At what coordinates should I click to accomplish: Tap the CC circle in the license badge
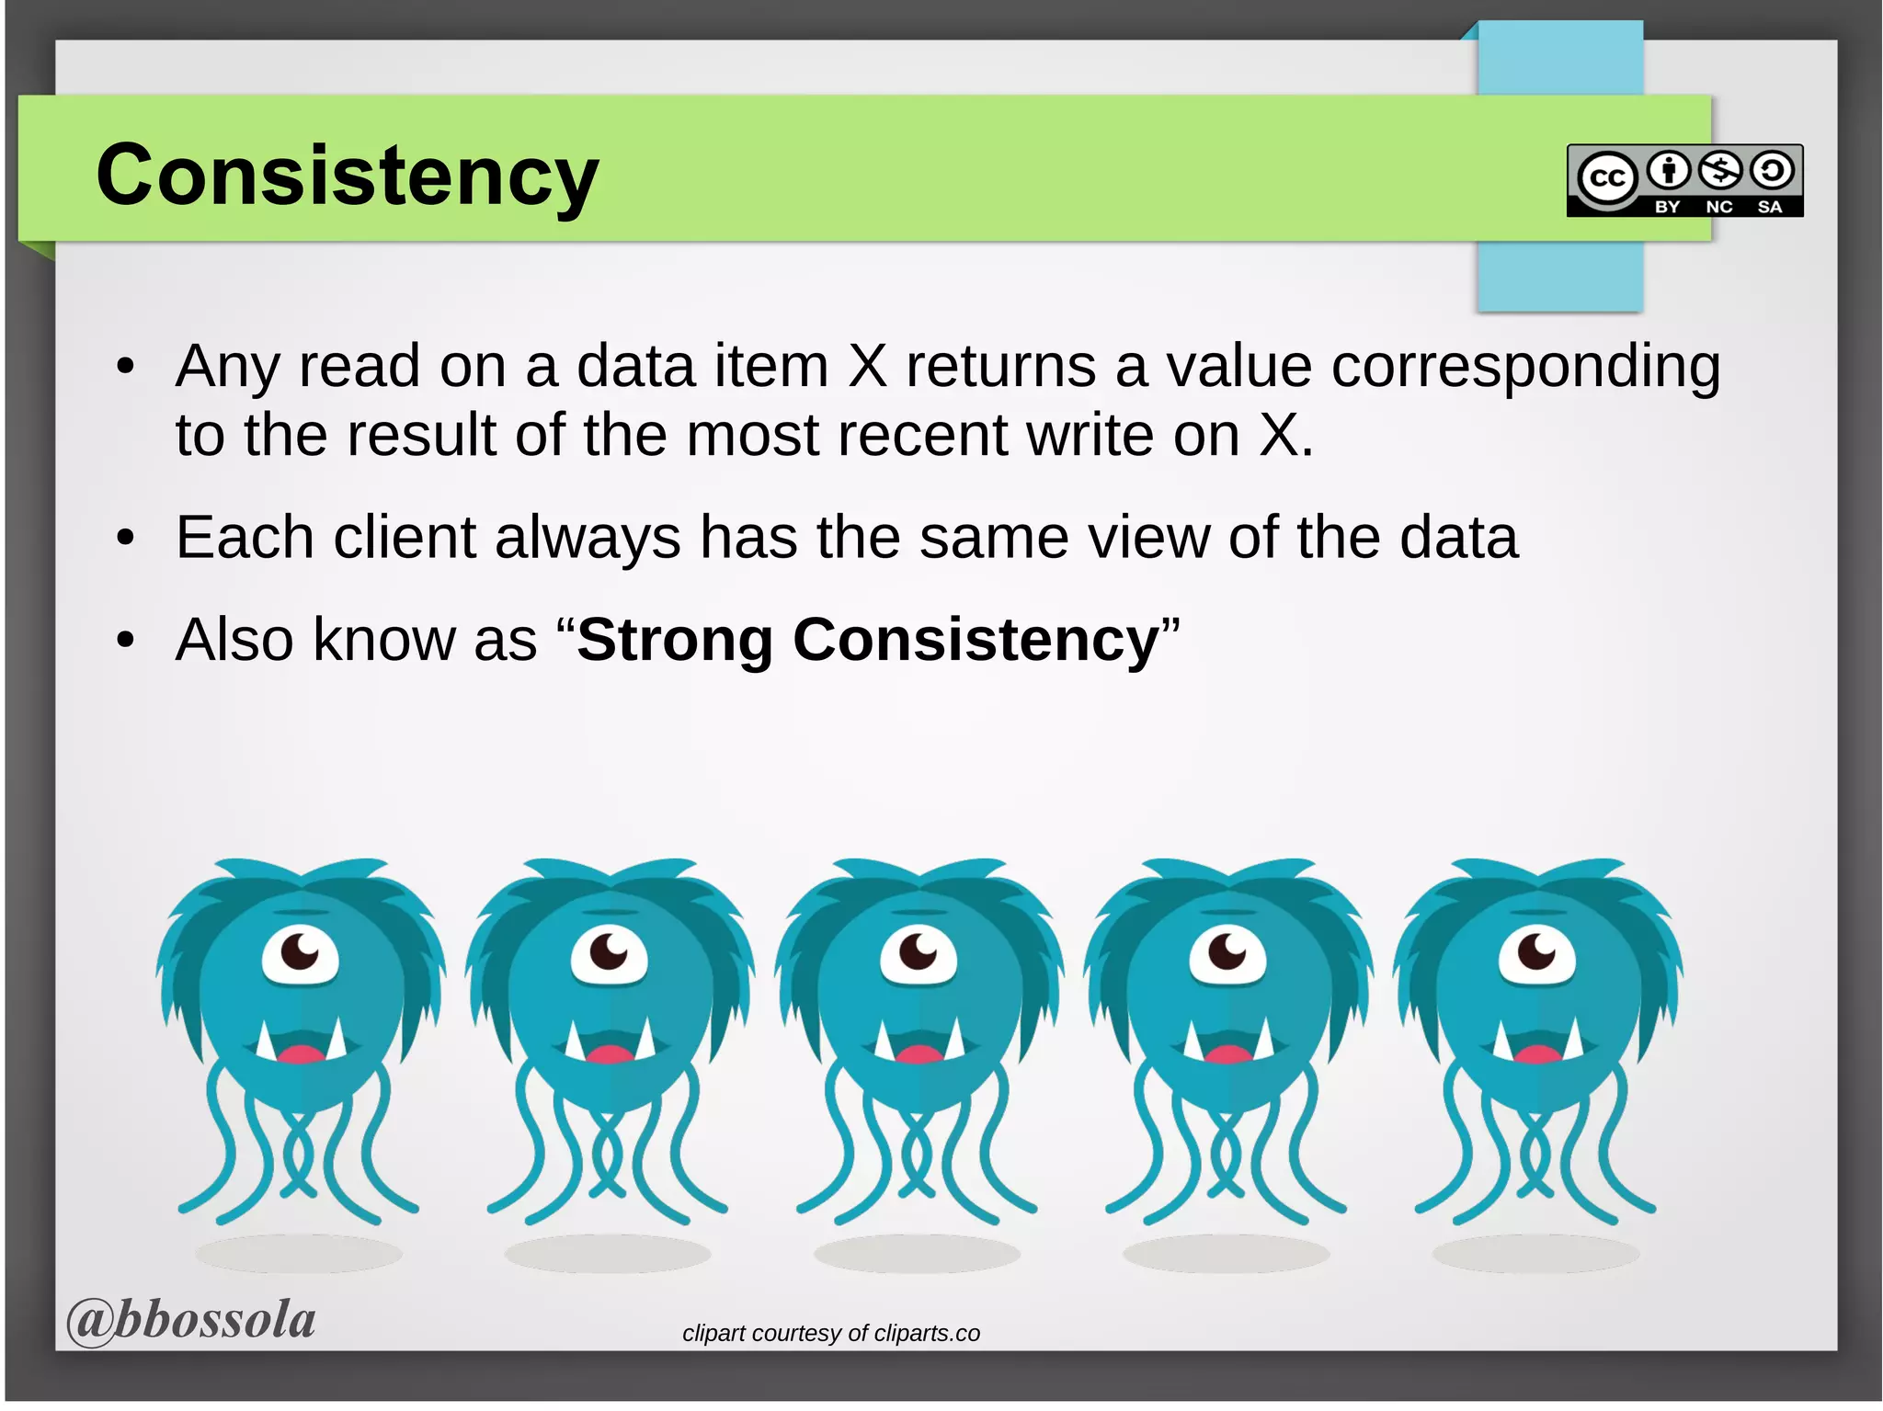[1607, 177]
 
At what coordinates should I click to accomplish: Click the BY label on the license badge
[1667, 207]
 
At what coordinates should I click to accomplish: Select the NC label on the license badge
[1718, 207]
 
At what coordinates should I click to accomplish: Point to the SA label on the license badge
[1770, 207]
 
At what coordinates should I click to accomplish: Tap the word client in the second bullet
[404, 537]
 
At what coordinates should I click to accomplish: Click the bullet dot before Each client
[126, 539]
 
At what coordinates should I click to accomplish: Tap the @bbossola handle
[190, 1320]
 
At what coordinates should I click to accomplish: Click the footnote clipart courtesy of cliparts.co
[830, 1333]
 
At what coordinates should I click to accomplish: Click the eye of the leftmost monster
[300, 954]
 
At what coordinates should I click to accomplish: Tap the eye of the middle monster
[918, 954]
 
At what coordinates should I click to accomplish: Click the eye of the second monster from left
[609, 954]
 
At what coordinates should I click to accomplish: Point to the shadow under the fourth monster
[1226, 1253]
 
